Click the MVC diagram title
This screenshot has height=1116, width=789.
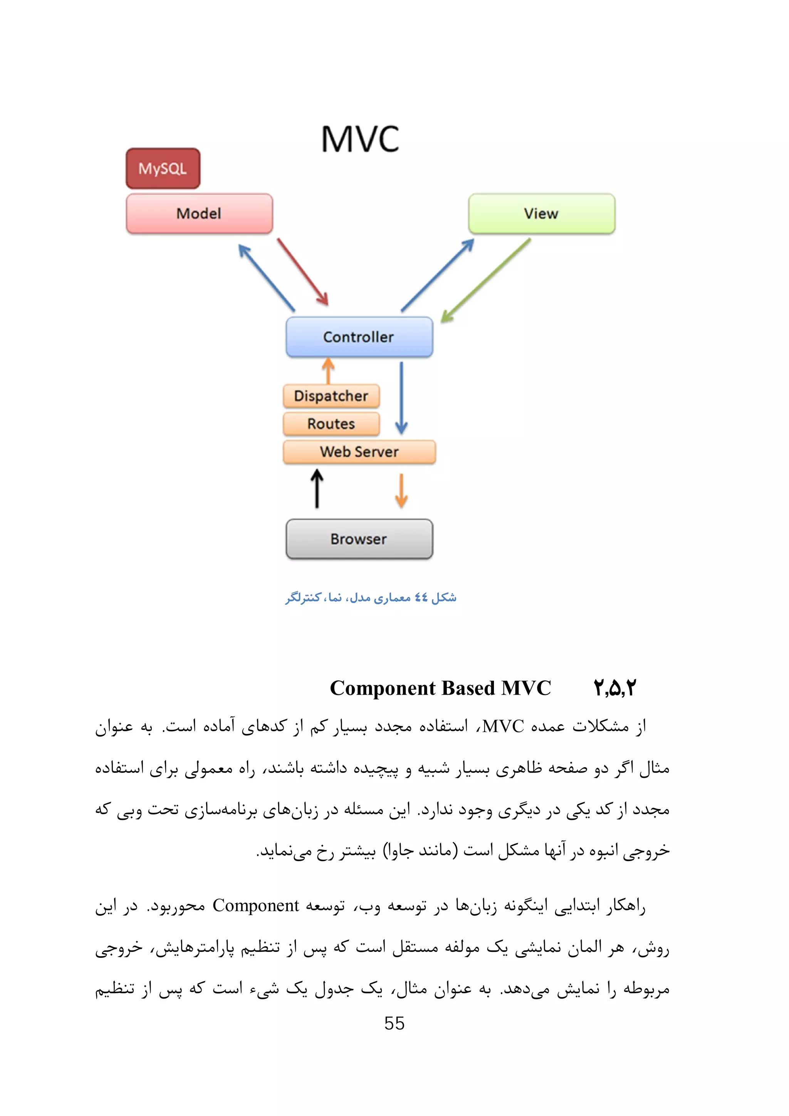point(360,139)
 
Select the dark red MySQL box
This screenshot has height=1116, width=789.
point(163,169)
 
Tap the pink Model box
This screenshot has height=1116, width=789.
point(199,213)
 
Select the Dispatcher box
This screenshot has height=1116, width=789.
point(331,395)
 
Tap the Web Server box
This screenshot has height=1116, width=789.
point(359,452)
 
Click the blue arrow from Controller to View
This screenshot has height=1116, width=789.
point(438,275)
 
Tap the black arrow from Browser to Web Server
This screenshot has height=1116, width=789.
point(317,489)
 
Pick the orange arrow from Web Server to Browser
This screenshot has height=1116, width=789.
point(401,491)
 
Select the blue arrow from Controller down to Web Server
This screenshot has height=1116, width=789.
point(401,397)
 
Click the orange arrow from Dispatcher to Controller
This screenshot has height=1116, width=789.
point(329,371)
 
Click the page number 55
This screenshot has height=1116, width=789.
point(394,1023)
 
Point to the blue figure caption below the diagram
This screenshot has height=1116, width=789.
point(371,597)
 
